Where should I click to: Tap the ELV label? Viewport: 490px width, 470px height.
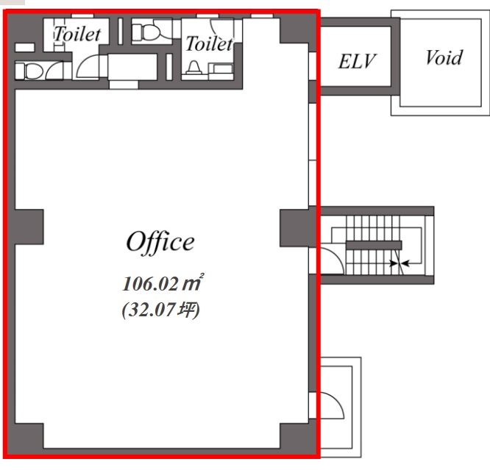pos(357,61)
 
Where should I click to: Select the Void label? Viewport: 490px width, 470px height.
pos(444,58)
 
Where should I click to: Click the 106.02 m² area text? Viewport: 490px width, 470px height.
pos(163,283)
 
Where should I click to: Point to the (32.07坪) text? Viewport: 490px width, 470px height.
pos(160,310)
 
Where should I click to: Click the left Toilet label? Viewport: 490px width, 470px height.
pos(77,34)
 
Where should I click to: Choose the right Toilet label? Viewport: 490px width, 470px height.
pos(209,43)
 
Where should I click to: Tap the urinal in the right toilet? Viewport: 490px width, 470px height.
pos(194,68)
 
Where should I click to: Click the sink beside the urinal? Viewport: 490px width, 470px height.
pos(221,68)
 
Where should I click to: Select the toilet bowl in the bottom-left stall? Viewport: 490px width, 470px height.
pos(29,71)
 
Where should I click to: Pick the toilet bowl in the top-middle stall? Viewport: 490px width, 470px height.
pos(146,32)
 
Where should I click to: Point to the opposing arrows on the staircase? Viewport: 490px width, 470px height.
pos(399,263)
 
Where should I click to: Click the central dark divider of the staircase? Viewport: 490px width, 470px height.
pos(374,245)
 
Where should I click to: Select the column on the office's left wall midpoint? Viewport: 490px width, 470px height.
pos(29,227)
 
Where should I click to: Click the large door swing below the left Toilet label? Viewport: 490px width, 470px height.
pos(88,66)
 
